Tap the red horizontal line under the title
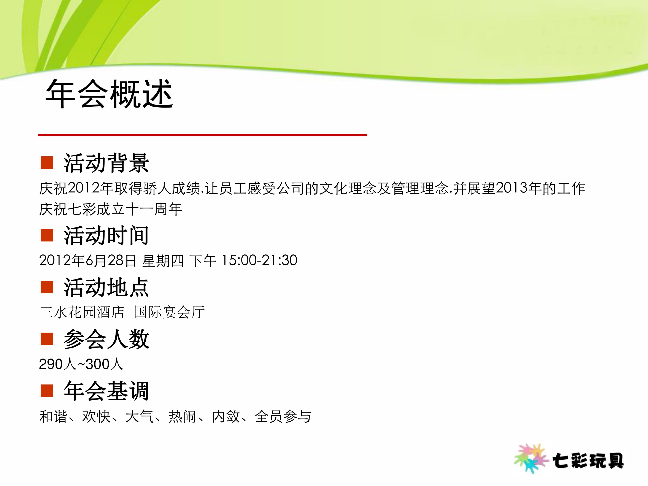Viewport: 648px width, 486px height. (202, 135)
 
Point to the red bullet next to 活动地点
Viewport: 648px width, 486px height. (47, 287)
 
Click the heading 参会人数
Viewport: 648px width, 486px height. (106, 339)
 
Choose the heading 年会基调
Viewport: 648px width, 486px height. (106, 391)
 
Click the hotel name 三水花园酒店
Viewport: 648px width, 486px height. (82, 312)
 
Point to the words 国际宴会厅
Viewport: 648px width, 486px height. (170, 312)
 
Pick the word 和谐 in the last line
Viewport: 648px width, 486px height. (53, 416)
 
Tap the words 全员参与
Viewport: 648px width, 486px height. (283, 416)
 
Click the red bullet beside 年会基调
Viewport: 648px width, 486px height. (47, 391)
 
